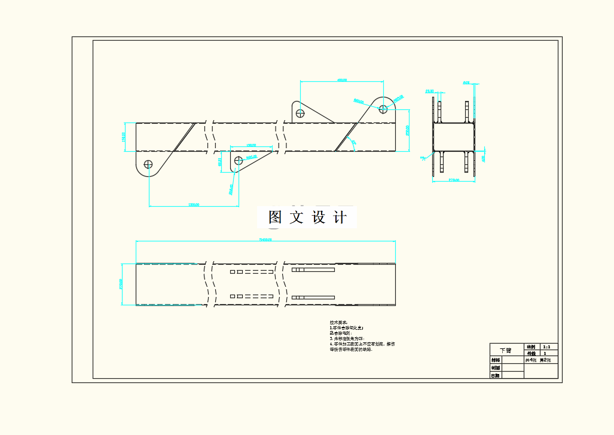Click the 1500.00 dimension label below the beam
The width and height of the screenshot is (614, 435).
193,204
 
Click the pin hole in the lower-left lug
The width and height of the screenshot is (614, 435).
148,164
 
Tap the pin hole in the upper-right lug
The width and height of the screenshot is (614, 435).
383,108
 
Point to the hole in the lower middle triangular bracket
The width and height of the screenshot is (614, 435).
239,160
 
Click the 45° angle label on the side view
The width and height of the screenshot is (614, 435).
353,143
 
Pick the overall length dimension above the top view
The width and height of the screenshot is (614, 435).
265,240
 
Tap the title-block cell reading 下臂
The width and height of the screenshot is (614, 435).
506,350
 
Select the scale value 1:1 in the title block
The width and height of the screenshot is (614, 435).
546,347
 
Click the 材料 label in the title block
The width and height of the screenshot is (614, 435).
495,360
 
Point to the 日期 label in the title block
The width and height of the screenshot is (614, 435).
495,375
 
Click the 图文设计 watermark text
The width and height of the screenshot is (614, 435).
307,217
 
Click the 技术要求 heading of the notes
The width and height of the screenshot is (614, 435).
338,323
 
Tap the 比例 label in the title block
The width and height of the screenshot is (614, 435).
530,347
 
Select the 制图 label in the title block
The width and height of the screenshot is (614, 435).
495,367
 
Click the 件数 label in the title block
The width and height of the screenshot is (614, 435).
530,353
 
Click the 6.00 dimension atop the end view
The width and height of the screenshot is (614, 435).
466,83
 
